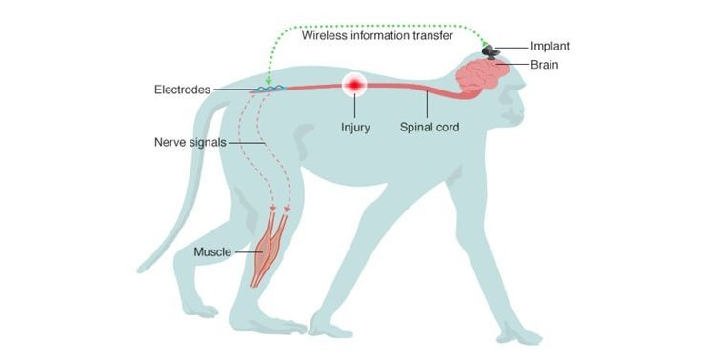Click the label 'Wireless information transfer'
click(376, 36)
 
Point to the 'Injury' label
click(355, 125)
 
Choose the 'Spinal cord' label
click(430, 125)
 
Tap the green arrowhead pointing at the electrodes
click(269, 81)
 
